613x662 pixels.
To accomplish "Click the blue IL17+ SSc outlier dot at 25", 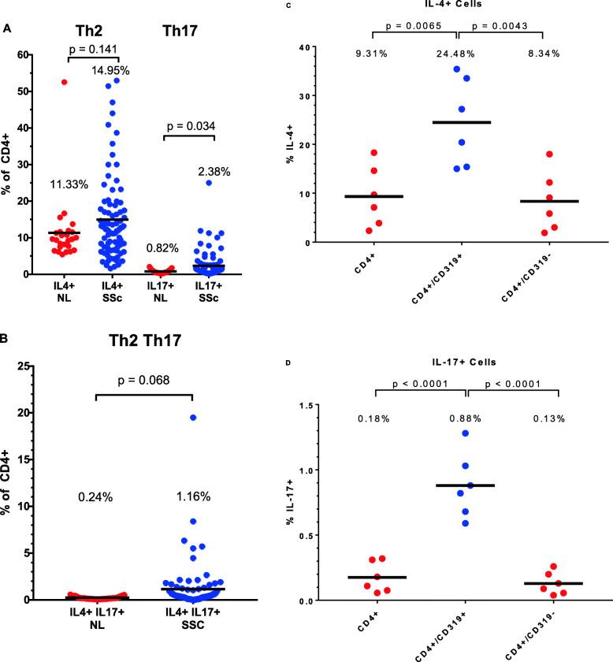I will [210, 182].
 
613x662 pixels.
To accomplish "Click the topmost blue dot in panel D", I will [465, 433].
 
